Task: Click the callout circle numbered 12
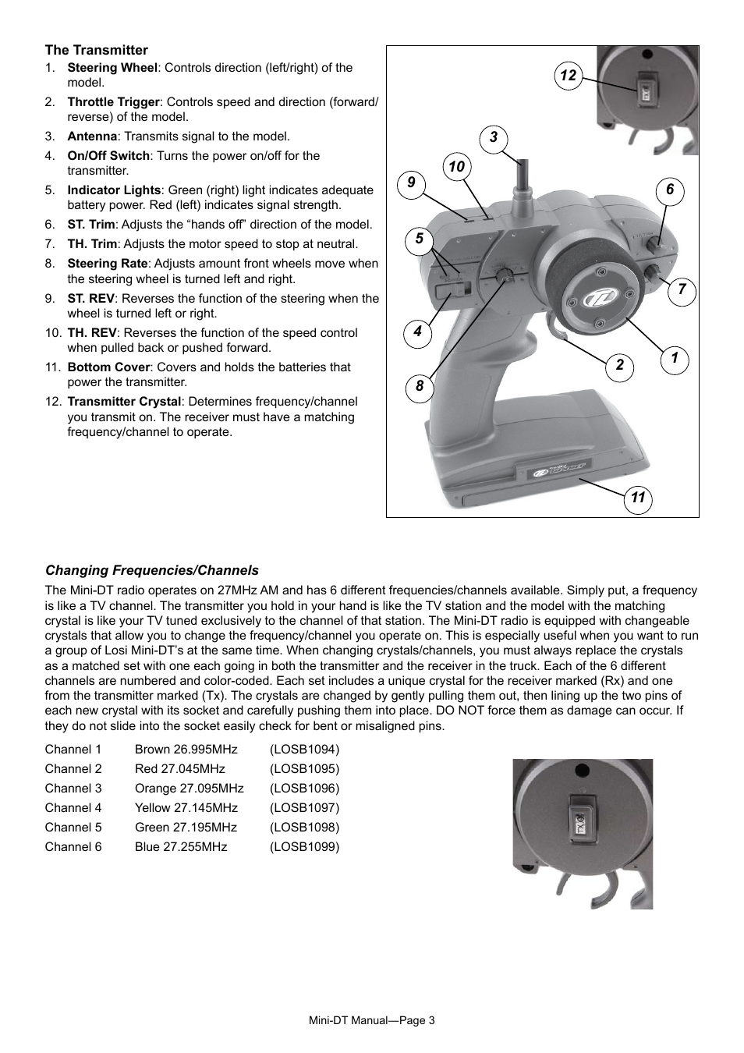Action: [568, 75]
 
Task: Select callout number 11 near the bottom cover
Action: [638, 498]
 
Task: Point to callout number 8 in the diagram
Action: [420, 386]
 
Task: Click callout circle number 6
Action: [669, 190]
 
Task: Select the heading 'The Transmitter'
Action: [96, 50]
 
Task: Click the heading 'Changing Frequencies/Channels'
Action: [151, 570]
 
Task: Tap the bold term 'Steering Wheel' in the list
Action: [112, 68]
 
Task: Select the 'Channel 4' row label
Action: [73, 808]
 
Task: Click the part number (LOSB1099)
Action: [304, 847]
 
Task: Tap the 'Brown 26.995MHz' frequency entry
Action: [186, 750]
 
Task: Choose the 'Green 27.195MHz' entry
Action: [186, 828]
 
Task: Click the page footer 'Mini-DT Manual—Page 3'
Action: [372, 1021]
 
